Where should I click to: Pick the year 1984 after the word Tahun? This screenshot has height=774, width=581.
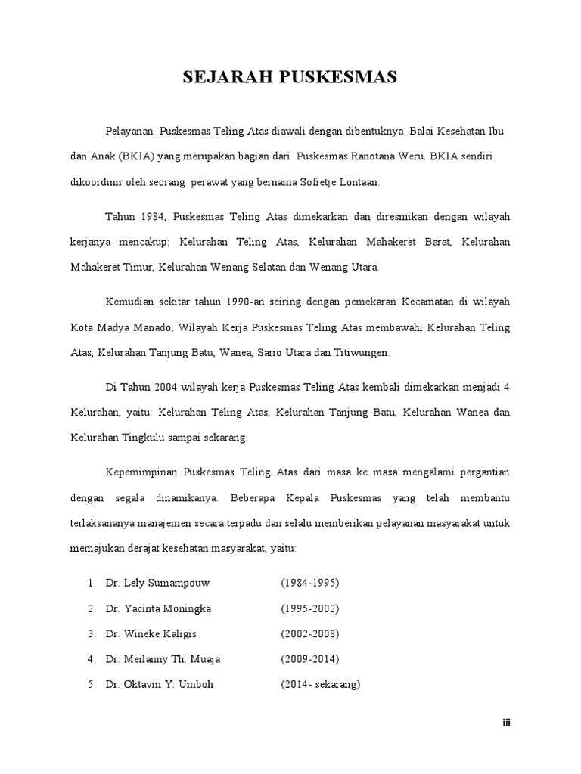coord(151,217)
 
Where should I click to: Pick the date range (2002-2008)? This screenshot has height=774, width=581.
coord(310,633)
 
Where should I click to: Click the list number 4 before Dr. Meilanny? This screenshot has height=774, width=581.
coord(91,659)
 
